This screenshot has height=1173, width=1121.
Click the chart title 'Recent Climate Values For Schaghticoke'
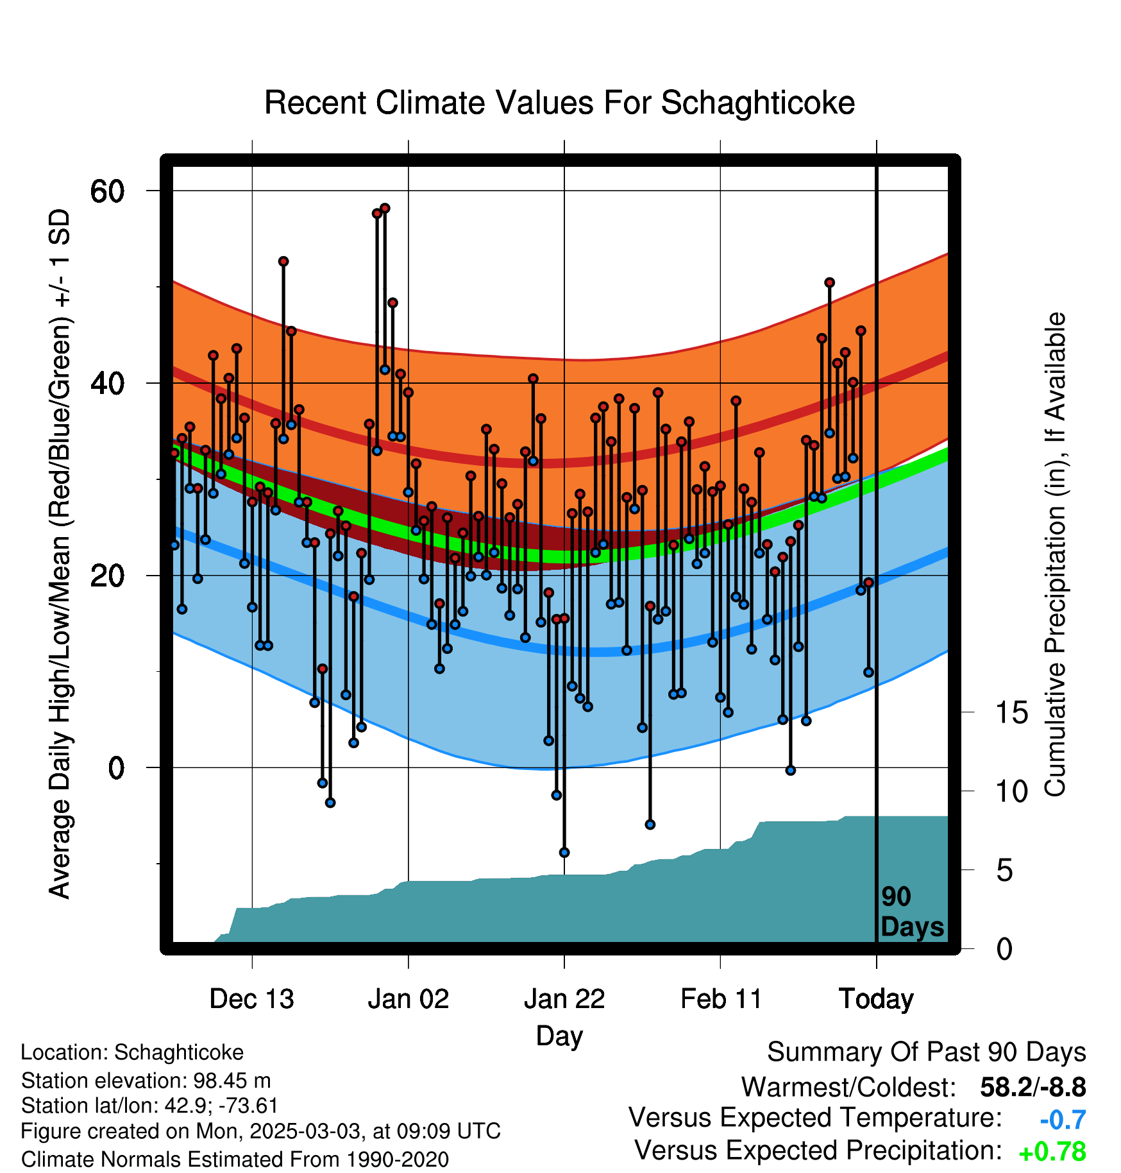click(x=559, y=103)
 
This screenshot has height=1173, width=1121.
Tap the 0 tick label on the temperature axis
click(x=116, y=767)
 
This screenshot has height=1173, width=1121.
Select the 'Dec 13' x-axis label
click(x=252, y=999)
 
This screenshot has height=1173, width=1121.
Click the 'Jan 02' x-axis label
click(x=409, y=999)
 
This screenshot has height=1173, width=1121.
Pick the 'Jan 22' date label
click(x=564, y=999)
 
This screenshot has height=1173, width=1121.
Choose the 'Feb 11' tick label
click(x=721, y=999)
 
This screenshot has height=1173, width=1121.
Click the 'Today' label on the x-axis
click(x=877, y=999)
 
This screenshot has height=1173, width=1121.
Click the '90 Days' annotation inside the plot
click(x=912, y=912)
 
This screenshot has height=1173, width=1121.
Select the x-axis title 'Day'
click(x=559, y=1036)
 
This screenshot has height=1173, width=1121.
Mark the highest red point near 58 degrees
click(x=385, y=209)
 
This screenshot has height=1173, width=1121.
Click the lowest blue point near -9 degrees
click(x=564, y=852)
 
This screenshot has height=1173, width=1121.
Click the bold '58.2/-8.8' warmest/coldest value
click(x=1033, y=1088)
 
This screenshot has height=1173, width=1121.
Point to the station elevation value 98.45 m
click(x=232, y=1081)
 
